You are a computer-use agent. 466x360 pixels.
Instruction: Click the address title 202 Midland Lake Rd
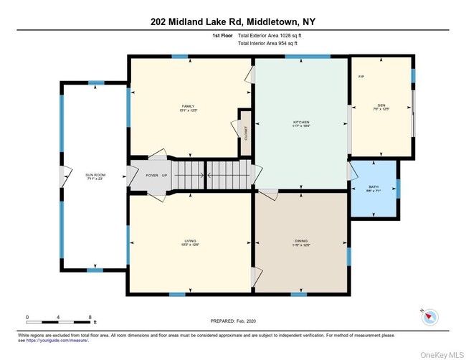[x=232, y=22]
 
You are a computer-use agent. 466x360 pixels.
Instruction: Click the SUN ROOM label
[x=95, y=176]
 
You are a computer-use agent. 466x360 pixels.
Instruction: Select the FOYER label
[x=153, y=174]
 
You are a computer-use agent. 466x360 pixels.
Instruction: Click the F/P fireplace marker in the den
[x=360, y=75]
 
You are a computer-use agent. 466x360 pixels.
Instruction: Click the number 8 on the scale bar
[x=89, y=316]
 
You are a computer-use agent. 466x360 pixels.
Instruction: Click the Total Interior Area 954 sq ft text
[x=267, y=43]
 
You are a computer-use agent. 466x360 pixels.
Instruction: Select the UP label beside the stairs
[x=164, y=174]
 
